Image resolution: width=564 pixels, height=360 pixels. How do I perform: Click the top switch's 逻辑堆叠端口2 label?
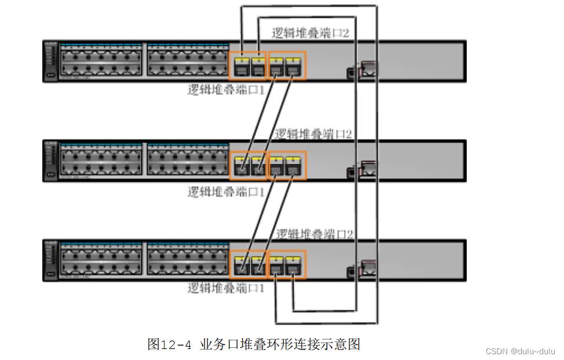click(x=310, y=33)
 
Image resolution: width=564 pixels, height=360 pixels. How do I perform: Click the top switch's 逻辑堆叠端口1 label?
click(x=226, y=90)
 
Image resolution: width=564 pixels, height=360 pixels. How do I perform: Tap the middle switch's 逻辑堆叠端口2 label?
click(x=313, y=134)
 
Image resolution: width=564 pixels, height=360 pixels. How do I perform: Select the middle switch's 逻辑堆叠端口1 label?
click(x=226, y=192)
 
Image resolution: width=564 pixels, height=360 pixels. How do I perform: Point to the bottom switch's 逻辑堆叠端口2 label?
click(x=314, y=234)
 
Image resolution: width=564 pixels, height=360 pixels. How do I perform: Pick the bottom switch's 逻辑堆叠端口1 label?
click(x=226, y=288)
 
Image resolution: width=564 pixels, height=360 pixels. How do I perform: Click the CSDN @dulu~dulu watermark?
click(x=520, y=351)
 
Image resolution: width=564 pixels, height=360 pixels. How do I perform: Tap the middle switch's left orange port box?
click(x=250, y=166)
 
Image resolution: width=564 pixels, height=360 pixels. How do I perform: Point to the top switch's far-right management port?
click(x=367, y=70)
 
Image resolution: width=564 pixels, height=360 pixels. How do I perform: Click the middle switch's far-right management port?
click(x=367, y=169)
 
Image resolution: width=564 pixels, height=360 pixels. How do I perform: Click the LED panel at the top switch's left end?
click(x=51, y=61)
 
